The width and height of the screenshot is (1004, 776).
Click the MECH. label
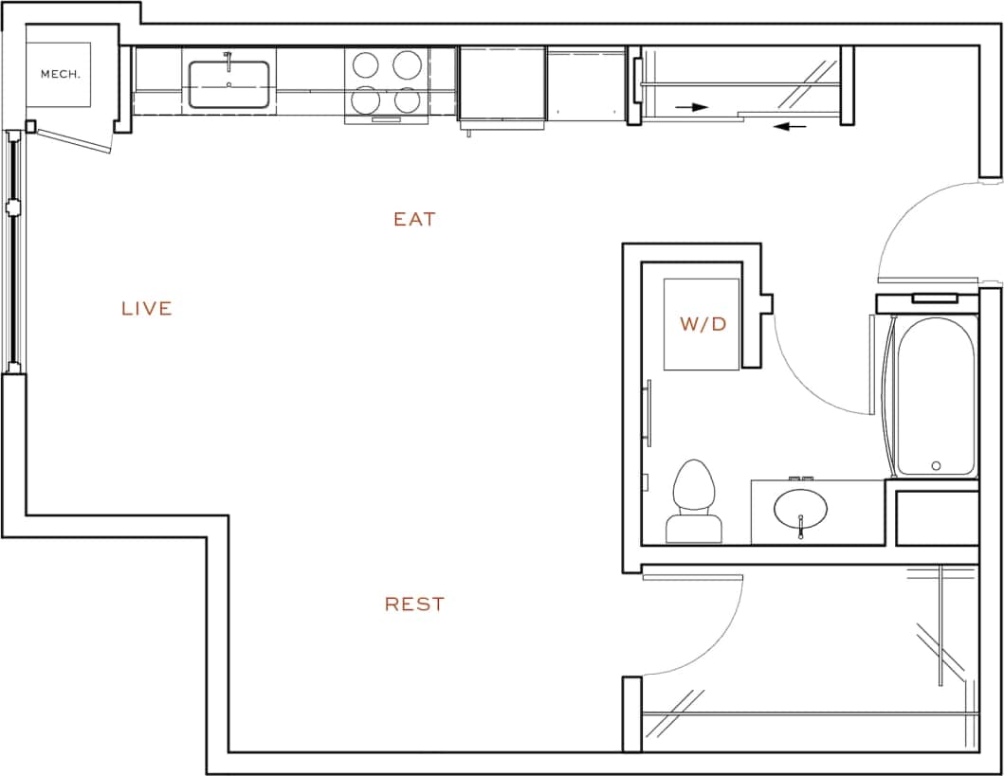point(58,73)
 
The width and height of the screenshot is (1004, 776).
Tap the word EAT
point(414,219)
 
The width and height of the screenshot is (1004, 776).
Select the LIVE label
point(147,308)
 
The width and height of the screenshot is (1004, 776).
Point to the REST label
point(414,604)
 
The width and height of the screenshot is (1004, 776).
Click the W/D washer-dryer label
point(703,324)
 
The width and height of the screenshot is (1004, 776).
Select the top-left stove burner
point(367,64)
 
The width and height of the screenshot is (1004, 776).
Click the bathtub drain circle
point(936,465)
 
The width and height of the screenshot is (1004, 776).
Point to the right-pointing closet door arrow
point(693,108)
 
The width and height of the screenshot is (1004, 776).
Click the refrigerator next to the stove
point(502,85)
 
